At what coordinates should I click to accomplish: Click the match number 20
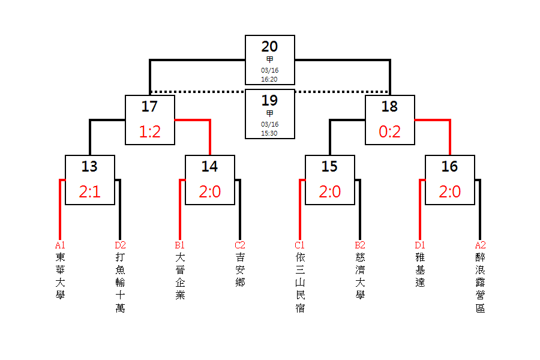tap(269, 46)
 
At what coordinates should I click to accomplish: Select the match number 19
tap(269, 100)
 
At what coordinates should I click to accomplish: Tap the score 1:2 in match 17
tap(150, 132)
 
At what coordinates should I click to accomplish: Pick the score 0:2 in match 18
tap(390, 132)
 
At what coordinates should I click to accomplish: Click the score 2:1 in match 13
tap(90, 192)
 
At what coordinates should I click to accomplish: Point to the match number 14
tap(209, 166)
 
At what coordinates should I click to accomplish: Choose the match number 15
tap(329, 166)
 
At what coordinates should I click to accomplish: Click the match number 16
tap(449, 166)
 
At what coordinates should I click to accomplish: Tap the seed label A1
tap(60, 245)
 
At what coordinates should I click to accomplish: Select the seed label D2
tap(121, 245)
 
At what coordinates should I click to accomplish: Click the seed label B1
tap(180, 245)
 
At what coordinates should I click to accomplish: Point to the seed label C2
tap(240, 245)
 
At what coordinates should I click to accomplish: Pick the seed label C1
tap(300, 245)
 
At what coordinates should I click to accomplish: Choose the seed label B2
tap(360, 245)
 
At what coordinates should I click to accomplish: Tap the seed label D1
tap(420, 245)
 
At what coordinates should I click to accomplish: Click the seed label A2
tap(481, 245)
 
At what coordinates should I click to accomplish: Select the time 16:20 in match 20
tap(269, 79)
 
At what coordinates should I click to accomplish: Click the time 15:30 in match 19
tap(269, 133)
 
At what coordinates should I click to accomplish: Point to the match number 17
tap(149, 106)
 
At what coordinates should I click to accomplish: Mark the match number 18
tap(389, 106)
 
